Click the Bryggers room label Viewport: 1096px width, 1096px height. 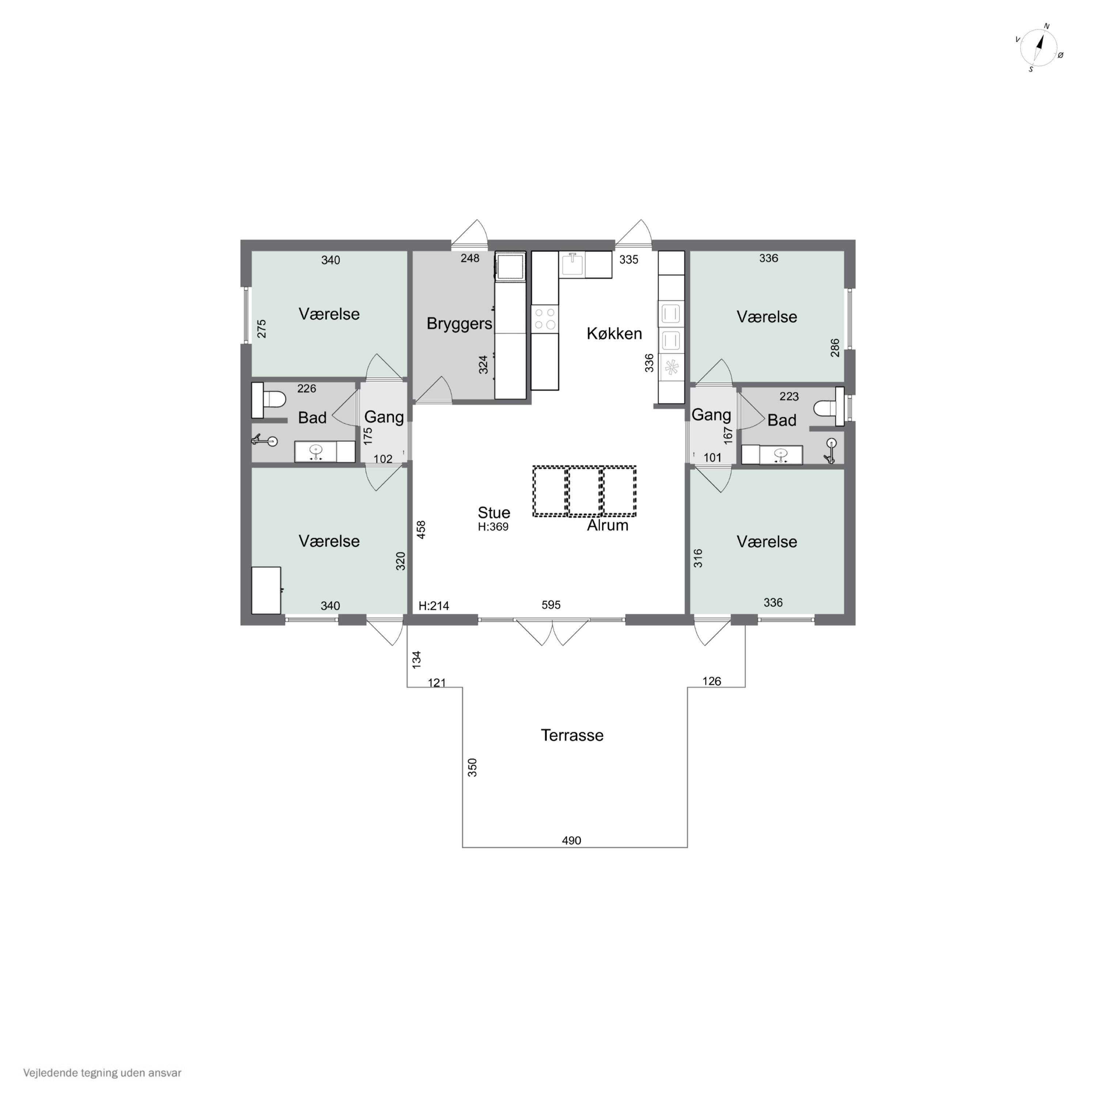click(459, 324)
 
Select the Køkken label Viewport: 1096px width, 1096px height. click(614, 334)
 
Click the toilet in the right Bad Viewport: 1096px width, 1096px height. click(825, 407)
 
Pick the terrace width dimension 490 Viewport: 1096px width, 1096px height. click(571, 840)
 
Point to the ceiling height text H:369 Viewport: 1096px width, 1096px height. click(493, 527)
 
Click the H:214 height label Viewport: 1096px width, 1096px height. click(434, 606)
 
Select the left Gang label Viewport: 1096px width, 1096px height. click(384, 417)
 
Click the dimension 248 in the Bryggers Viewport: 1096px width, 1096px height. click(470, 259)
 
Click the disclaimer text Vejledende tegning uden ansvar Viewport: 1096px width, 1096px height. click(102, 1073)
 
